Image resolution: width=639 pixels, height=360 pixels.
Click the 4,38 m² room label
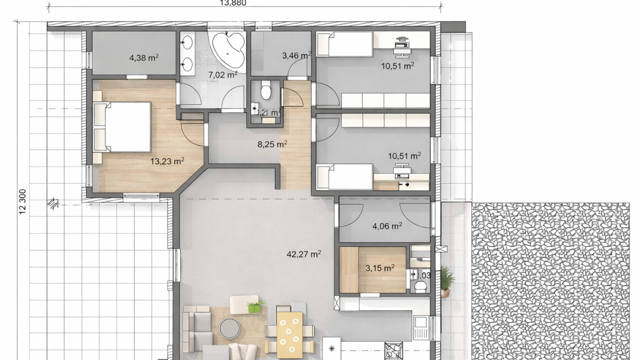[143, 57]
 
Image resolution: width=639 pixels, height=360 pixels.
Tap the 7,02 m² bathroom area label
[222, 75]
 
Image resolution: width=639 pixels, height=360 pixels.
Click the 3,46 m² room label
[296, 56]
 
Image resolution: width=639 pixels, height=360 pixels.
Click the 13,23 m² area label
[167, 161]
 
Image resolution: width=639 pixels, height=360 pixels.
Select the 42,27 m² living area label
[304, 255]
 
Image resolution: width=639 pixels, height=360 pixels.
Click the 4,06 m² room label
[387, 225]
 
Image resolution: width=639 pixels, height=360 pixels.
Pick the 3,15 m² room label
[380, 268]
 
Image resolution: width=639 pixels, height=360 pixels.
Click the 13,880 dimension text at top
[233, 3]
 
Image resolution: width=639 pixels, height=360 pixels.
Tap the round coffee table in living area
[229, 327]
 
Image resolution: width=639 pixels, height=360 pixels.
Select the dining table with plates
[290, 331]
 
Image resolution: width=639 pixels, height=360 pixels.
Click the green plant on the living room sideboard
[255, 307]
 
